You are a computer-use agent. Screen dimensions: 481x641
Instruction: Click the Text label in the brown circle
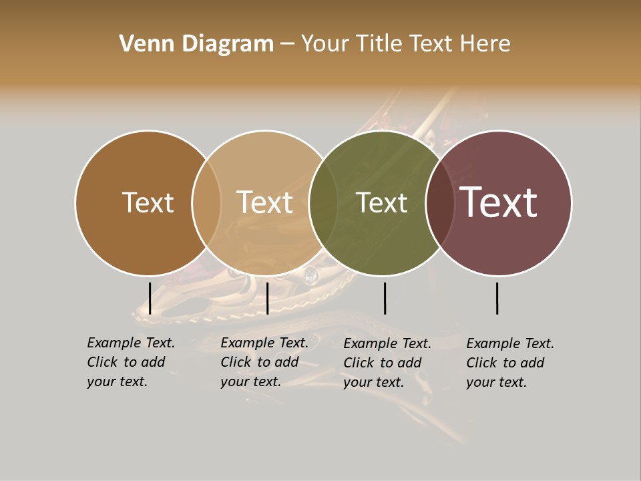pos(148,203)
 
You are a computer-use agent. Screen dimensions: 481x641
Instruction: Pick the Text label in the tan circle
pos(264,203)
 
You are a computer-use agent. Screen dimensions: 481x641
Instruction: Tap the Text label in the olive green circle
pos(381,203)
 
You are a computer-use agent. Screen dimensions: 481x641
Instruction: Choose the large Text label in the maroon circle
pos(499,202)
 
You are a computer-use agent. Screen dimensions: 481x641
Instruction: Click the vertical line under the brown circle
pos(150,298)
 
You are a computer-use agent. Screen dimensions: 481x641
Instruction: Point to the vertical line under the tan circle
pos(267,298)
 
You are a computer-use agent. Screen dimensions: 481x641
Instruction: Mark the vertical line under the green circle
pos(385,298)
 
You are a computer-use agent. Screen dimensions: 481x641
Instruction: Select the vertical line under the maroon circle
pos(497,298)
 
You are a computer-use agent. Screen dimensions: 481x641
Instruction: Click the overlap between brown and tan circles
pos(206,203)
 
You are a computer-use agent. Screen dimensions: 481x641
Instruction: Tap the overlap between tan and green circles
pos(323,203)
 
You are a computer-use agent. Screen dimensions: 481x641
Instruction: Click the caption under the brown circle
pos(131,362)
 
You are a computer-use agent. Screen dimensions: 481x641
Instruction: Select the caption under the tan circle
pos(264,362)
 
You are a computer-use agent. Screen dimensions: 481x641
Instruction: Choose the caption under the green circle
pos(387,363)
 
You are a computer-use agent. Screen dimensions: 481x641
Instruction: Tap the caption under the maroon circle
pos(510,363)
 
